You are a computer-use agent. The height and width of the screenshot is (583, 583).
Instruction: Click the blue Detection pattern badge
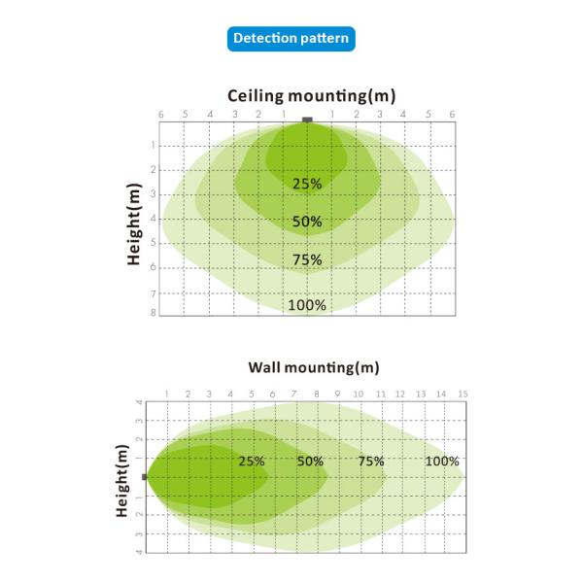(x=291, y=39)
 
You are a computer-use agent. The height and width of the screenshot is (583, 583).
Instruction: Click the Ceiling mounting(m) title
(x=312, y=95)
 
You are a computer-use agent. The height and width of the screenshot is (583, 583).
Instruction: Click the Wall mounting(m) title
(x=313, y=367)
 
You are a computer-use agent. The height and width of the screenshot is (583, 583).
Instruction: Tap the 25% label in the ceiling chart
(x=307, y=183)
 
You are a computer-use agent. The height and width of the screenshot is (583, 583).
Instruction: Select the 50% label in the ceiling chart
(x=307, y=222)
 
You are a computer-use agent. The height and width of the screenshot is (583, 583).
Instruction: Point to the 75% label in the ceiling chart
(x=307, y=259)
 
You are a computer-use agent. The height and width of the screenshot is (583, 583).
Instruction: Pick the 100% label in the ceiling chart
(x=307, y=305)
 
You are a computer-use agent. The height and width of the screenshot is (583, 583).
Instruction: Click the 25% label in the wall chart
(x=252, y=461)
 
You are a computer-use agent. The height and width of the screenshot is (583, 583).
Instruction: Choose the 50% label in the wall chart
(x=310, y=461)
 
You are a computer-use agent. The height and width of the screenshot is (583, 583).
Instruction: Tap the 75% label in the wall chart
(x=371, y=461)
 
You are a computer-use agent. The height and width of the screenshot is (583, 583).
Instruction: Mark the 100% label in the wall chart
(x=442, y=461)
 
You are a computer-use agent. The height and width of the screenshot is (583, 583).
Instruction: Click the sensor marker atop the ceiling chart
(x=307, y=120)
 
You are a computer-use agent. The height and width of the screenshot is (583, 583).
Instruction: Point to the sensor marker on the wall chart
(x=145, y=477)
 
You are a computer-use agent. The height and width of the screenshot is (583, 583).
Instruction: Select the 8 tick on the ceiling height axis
(x=154, y=313)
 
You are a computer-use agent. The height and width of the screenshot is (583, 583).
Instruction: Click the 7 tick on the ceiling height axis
(x=154, y=292)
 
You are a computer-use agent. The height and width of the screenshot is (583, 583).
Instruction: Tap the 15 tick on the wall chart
(x=463, y=394)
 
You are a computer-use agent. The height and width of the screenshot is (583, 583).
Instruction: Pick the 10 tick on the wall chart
(x=357, y=394)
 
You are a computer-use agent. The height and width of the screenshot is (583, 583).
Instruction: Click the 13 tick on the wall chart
(x=421, y=394)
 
